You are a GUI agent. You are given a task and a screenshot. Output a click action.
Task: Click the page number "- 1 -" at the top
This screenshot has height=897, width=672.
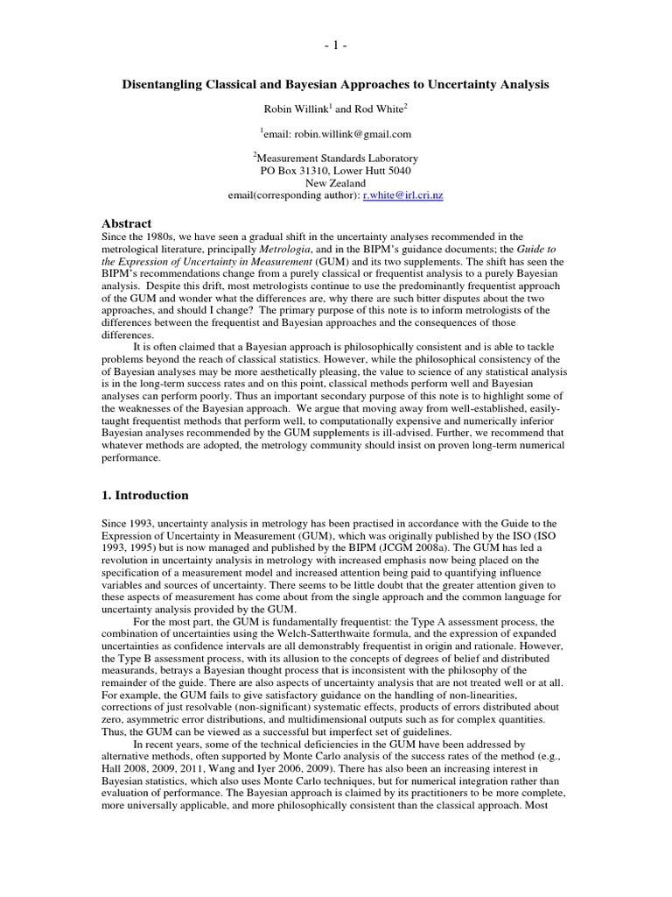pos(336,45)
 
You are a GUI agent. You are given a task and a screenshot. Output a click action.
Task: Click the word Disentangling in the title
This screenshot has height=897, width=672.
pos(164,84)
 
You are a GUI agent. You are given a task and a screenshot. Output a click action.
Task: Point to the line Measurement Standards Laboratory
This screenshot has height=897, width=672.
pos(336,159)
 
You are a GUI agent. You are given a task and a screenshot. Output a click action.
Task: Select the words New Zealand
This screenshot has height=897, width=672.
pos(335,183)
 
